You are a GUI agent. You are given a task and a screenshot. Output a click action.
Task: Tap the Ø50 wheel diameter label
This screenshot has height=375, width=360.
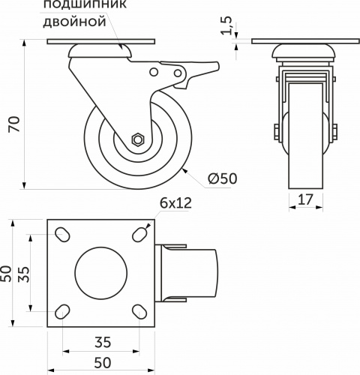[223, 178]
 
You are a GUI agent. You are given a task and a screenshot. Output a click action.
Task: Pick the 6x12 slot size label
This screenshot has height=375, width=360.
[176, 203]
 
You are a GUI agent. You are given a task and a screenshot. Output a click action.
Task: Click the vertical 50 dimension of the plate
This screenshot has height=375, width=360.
[7, 274]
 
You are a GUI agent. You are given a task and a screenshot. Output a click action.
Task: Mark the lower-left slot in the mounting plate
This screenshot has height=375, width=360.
[64, 310]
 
